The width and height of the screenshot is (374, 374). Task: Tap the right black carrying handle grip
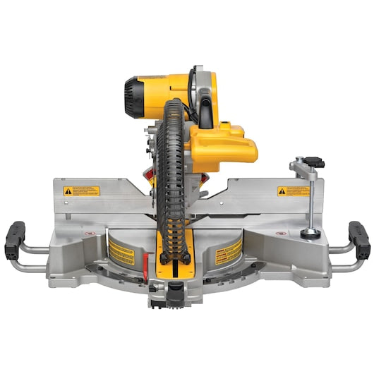(360, 239)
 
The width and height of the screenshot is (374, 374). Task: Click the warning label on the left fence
(82, 191)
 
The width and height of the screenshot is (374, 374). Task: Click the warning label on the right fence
(293, 191)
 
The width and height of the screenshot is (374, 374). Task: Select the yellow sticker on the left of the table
(121, 251)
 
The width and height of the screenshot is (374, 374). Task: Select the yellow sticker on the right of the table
(227, 251)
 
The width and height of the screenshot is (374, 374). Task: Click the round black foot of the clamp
(309, 232)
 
